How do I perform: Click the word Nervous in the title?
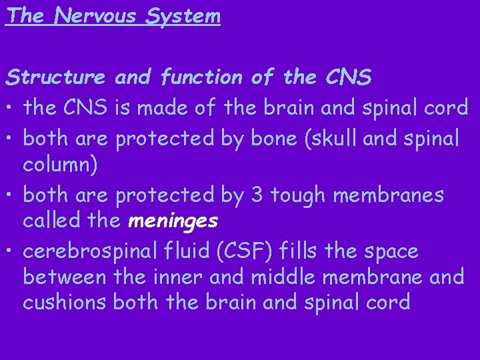coord(93,15)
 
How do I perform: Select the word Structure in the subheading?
coord(56,79)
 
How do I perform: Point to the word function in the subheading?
coord(202,79)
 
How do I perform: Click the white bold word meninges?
coord(173,220)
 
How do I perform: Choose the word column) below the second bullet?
coord(61,165)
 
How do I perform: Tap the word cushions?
coord(64,302)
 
